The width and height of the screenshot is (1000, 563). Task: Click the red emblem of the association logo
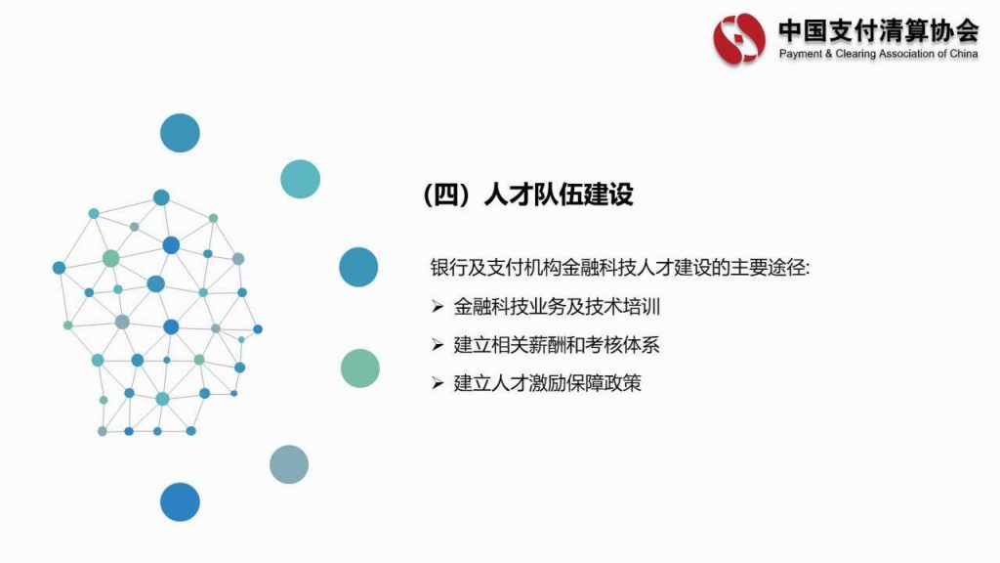739,38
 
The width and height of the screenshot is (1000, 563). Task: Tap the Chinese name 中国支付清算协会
878,30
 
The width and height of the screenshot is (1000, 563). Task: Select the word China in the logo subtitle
964,54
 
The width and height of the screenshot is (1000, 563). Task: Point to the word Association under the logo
906,54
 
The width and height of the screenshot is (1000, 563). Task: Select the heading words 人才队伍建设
559,195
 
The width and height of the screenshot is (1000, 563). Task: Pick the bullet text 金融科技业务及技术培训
557,307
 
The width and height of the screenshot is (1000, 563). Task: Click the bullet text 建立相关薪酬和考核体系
556,345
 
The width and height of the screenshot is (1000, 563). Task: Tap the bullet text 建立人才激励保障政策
547,383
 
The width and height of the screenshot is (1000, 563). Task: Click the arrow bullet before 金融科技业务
437,307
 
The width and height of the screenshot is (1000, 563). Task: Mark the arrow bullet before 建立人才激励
437,383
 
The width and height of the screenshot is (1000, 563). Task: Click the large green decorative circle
360,368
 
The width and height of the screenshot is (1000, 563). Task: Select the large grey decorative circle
289,464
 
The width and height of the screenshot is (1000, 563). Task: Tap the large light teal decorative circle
301,179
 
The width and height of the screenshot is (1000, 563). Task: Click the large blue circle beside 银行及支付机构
358,267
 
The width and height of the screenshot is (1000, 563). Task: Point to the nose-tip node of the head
258,329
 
